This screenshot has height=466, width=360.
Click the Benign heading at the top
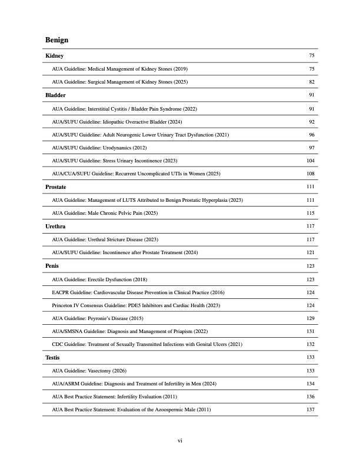coord(56,40)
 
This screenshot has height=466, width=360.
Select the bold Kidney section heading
coord(55,56)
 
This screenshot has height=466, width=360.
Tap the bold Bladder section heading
coord(55,95)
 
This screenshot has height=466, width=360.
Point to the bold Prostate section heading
coord(56,187)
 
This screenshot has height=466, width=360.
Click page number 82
coord(312,82)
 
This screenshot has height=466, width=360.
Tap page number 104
coord(311,161)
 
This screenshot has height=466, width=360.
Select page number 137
coord(311,410)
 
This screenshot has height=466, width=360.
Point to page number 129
coord(311,318)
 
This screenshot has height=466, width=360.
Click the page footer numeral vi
coord(180,440)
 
